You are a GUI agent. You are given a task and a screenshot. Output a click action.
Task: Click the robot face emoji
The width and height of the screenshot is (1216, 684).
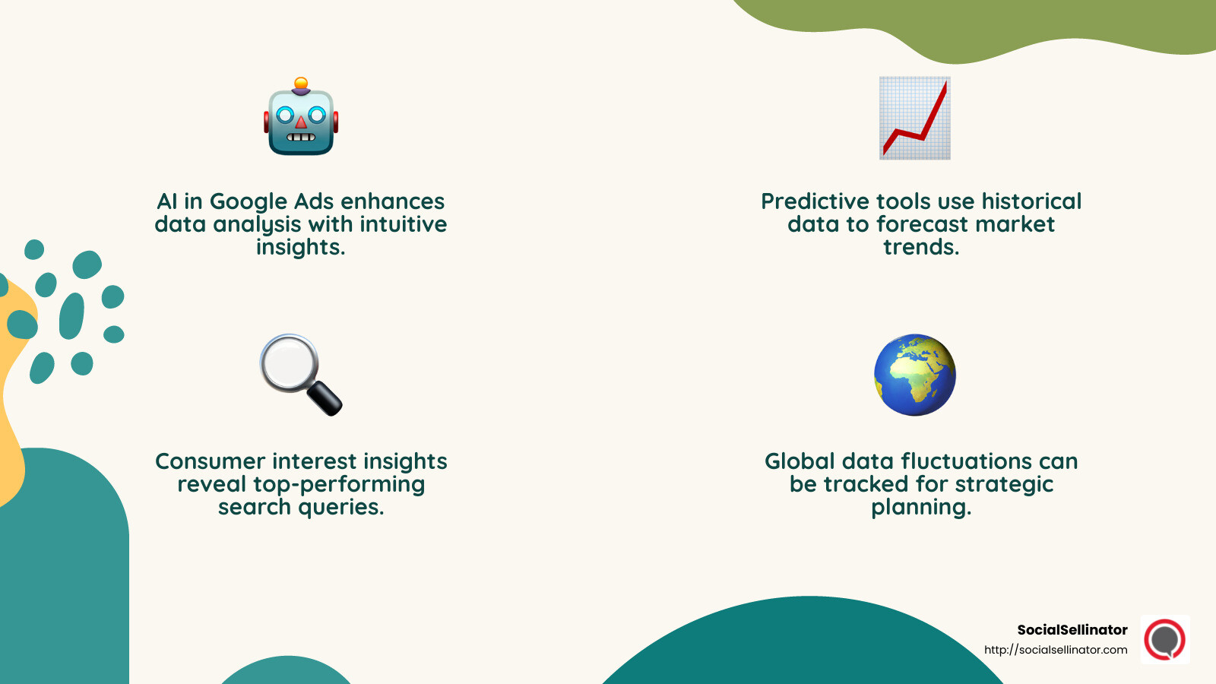click(301, 118)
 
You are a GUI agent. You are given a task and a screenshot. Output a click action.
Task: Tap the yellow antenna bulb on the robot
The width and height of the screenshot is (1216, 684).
click(301, 83)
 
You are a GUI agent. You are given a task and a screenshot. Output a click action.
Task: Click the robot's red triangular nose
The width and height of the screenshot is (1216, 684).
click(301, 122)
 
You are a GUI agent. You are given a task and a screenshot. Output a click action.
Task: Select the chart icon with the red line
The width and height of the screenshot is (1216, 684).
click(914, 118)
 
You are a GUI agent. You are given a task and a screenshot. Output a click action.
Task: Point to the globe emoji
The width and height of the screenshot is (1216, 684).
click(914, 375)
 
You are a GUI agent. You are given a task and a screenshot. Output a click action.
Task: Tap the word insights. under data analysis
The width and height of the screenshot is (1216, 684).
click(300, 247)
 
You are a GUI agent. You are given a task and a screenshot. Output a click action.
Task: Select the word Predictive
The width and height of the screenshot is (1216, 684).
click(815, 201)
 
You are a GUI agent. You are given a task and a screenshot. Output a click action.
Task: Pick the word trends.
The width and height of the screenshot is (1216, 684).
click(921, 247)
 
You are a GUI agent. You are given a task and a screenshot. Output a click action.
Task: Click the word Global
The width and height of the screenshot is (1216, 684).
click(800, 461)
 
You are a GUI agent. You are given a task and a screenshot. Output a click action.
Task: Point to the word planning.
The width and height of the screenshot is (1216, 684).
click(921, 507)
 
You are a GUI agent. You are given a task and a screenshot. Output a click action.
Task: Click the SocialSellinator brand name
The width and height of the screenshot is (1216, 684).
click(1072, 630)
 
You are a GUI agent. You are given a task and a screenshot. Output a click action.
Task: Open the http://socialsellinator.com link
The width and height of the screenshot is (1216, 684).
click(1056, 650)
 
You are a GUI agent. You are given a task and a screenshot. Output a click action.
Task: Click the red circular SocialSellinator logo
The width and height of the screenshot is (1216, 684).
click(1164, 639)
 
